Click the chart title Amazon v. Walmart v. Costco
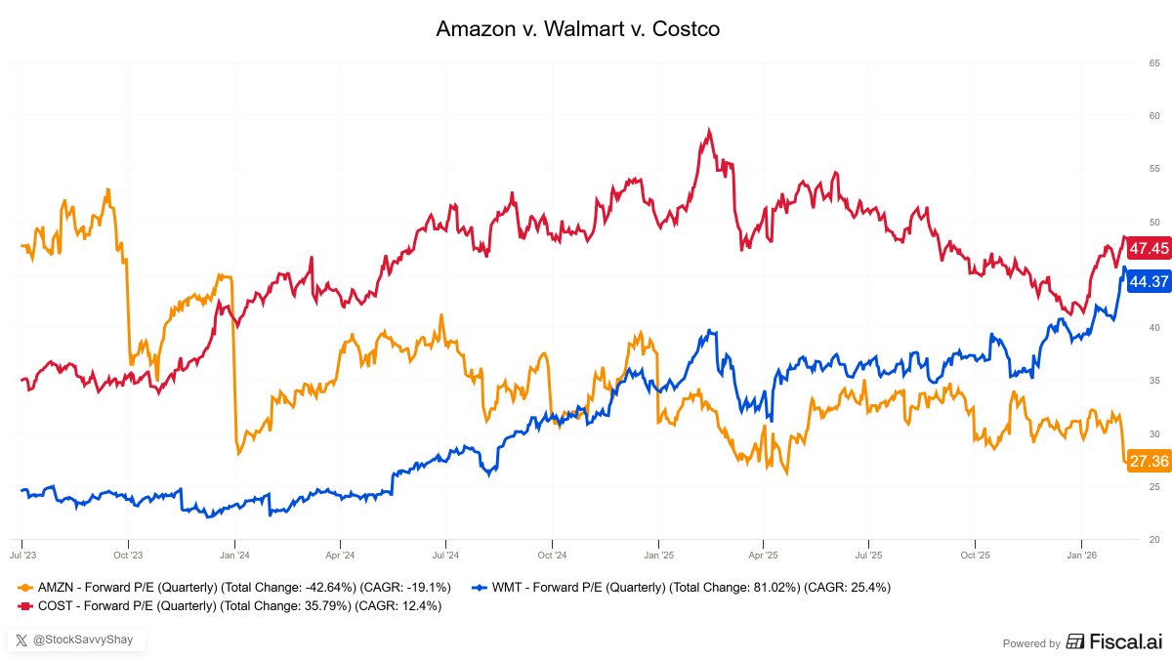point(577,29)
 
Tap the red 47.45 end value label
point(1148,249)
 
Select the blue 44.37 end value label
point(1148,282)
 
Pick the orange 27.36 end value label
point(1148,461)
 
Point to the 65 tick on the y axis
point(1153,63)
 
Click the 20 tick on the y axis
point(1153,540)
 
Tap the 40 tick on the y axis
point(1153,328)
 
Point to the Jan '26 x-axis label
point(1080,554)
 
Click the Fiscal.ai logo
point(1113,642)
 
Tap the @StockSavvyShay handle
point(78,640)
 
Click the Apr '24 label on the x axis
point(340,554)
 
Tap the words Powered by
point(1031,643)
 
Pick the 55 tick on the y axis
point(1153,170)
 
